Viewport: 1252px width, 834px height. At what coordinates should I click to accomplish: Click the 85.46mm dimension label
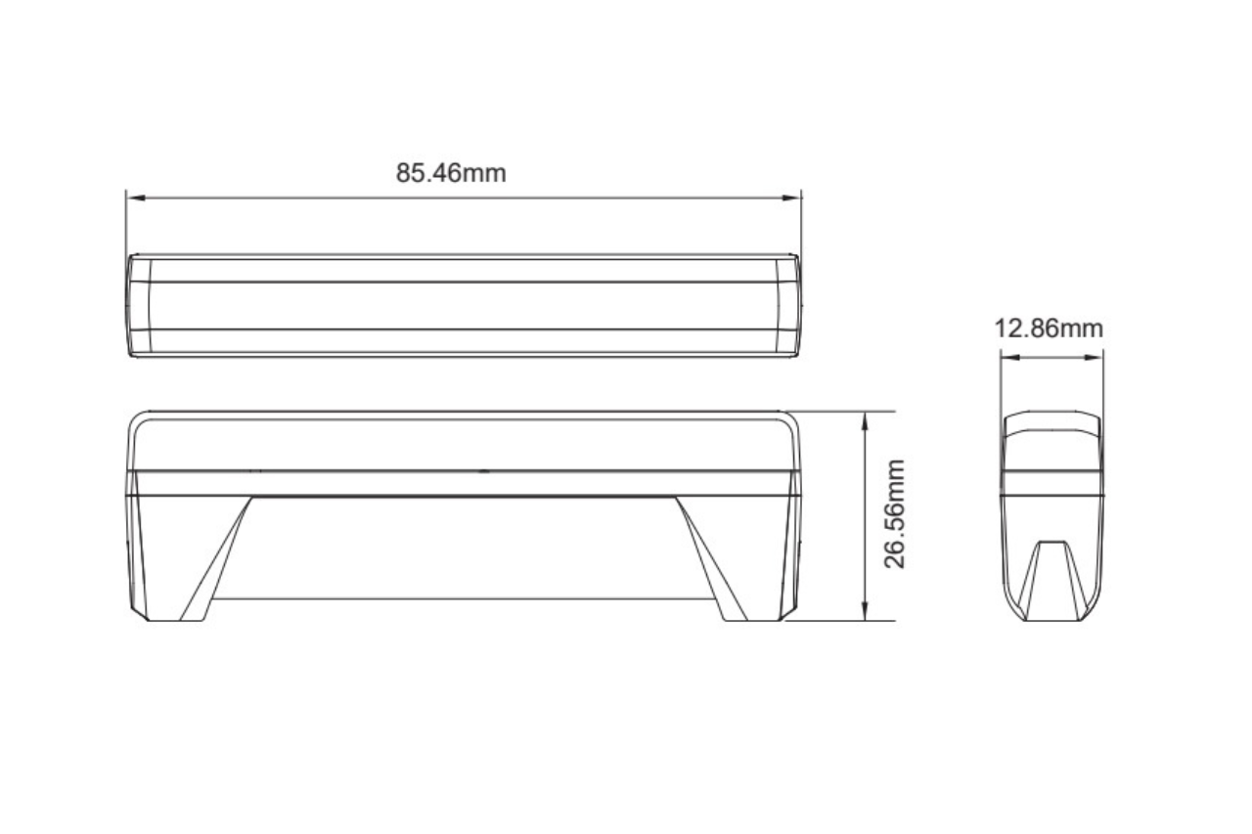click(451, 173)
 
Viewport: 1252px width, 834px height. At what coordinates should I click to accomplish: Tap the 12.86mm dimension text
click(1049, 329)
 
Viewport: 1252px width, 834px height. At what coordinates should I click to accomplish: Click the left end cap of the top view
click(139, 305)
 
